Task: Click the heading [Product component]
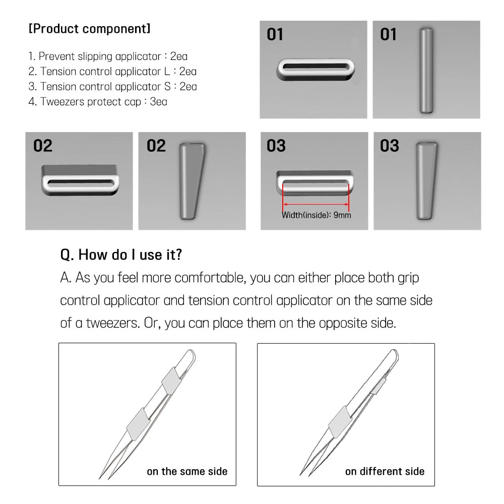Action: tap(89, 29)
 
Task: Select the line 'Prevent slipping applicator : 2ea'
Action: tap(108, 56)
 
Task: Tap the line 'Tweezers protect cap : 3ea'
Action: tap(98, 101)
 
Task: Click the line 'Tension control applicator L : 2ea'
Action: tap(112, 72)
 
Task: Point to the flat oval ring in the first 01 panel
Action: tap(316, 69)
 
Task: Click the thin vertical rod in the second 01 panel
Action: tap(426, 71)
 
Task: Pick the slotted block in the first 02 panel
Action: tap(79, 180)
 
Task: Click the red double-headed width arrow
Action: tap(316, 204)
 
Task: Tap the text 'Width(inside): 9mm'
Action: tap(316, 215)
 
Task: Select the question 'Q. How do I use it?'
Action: tap(121, 255)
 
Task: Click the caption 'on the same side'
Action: tap(187, 472)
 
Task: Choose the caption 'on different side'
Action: tap(385, 472)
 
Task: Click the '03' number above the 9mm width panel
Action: tap(276, 146)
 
